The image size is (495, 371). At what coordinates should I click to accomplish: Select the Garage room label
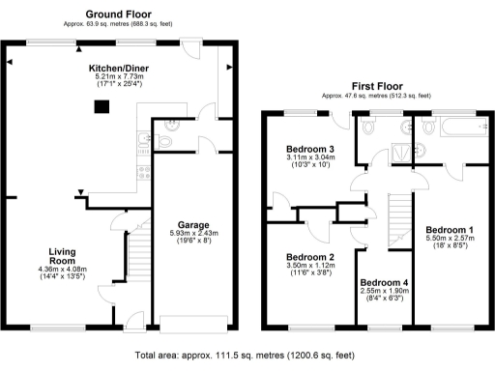coord(189,225)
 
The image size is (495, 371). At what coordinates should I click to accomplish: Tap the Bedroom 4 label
coord(383,283)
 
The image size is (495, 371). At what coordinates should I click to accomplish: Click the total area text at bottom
coord(247,356)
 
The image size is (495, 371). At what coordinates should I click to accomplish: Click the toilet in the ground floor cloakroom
coord(164,141)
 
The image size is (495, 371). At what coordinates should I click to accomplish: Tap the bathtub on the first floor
coord(453,127)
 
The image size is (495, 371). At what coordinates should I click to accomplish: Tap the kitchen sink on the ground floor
coord(142,142)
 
